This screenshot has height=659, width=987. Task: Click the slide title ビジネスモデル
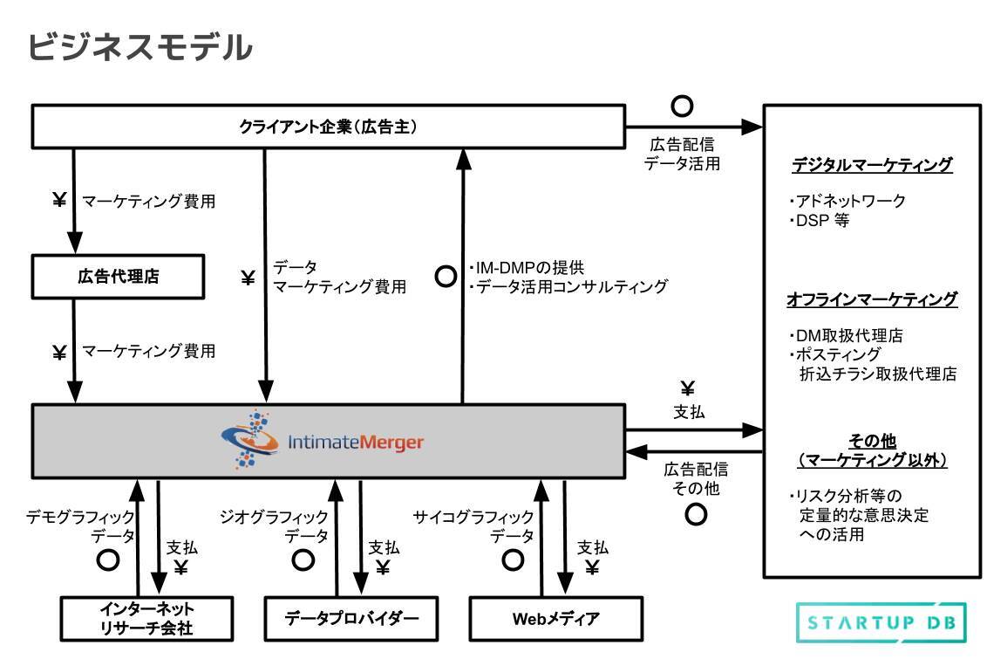pyautogui.click(x=140, y=46)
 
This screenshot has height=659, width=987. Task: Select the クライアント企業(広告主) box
pyautogui.click(x=328, y=127)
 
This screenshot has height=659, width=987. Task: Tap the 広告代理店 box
pyautogui.click(x=118, y=277)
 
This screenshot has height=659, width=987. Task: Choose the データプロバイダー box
pyautogui.click(x=351, y=618)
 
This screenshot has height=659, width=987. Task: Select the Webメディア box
pyautogui.click(x=555, y=618)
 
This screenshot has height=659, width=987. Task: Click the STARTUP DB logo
pyautogui.click(x=881, y=623)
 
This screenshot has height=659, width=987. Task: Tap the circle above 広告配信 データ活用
pyautogui.click(x=682, y=106)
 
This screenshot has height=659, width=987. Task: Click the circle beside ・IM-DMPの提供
pyautogui.click(x=446, y=277)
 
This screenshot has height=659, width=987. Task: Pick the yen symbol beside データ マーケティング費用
pyautogui.click(x=248, y=278)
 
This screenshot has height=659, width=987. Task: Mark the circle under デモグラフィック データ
pyautogui.click(x=108, y=559)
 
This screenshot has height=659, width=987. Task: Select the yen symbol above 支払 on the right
pyautogui.click(x=687, y=388)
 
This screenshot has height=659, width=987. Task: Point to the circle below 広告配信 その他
pyautogui.click(x=696, y=514)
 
